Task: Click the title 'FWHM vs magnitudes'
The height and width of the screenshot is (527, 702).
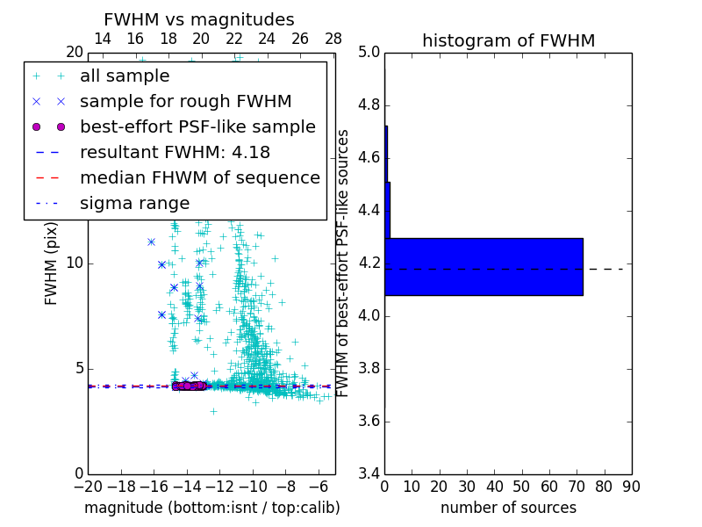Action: (x=198, y=20)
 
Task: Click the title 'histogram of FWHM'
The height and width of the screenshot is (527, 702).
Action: (x=508, y=40)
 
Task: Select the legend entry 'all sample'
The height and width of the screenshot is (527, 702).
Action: (x=125, y=76)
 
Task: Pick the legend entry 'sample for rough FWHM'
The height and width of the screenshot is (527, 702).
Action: (x=185, y=102)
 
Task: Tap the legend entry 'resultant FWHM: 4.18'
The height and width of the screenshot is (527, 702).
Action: (x=175, y=153)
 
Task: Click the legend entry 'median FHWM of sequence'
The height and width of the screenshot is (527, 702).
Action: (x=199, y=178)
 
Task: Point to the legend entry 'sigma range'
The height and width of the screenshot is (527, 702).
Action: (x=134, y=204)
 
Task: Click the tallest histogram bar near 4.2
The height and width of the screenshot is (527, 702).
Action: (x=484, y=266)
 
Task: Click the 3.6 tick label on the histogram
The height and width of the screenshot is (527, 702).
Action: (x=369, y=422)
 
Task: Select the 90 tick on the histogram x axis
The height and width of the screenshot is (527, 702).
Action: (x=631, y=487)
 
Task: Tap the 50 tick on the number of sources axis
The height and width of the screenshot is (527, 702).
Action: (x=521, y=487)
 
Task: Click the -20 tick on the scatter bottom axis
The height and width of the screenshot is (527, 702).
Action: (x=88, y=487)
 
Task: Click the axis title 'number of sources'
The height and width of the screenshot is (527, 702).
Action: (x=508, y=508)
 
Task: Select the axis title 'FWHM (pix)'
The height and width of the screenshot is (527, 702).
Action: (x=52, y=264)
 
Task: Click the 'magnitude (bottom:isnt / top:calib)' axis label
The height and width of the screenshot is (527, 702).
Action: (x=211, y=508)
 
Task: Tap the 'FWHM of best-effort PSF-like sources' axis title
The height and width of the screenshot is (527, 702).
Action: (x=343, y=263)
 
